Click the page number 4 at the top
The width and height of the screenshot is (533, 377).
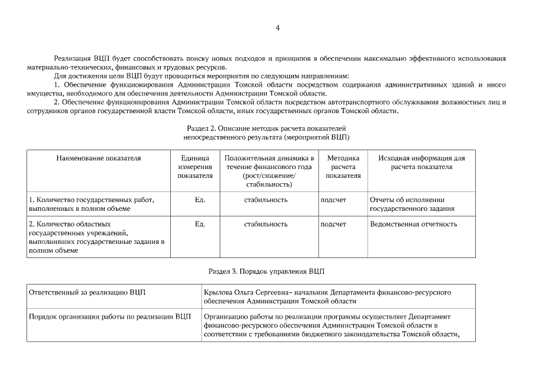(277, 28)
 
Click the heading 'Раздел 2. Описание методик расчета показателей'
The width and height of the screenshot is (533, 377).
(266, 128)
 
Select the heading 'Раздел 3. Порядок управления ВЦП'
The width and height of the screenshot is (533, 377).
(266, 272)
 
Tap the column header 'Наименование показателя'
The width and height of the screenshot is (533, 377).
(99, 158)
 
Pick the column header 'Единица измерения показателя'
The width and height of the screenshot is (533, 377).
(195, 167)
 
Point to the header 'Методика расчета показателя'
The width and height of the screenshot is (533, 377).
(343, 167)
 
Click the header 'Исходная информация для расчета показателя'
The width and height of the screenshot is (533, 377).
(422, 163)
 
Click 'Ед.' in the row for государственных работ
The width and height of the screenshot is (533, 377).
(200, 200)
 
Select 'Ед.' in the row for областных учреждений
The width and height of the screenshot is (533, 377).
(200, 224)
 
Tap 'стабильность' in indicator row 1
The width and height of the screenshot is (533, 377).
(266, 200)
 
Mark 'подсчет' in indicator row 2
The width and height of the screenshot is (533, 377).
(333, 224)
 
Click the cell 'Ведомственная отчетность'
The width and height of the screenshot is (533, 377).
(413, 224)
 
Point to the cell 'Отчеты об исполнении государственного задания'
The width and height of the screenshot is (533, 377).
(412, 204)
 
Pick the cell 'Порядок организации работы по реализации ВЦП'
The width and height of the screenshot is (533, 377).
(110, 316)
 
